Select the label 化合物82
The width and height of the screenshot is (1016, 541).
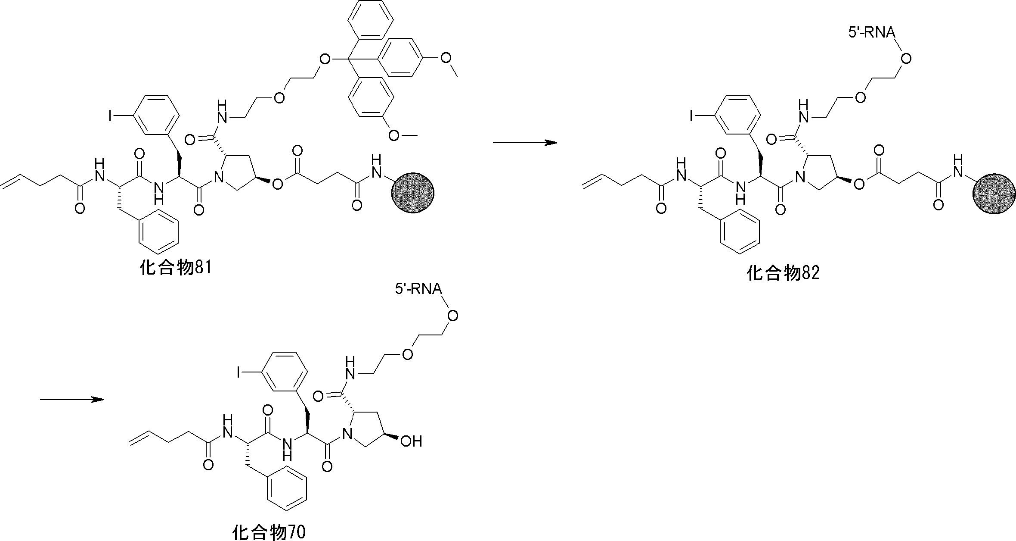click(x=783, y=273)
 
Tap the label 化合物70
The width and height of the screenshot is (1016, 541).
click(x=269, y=532)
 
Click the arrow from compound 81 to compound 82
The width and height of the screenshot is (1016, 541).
click(x=525, y=143)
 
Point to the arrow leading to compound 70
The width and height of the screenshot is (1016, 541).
click(x=72, y=399)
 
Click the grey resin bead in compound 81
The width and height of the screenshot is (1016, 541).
click(x=412, y=193)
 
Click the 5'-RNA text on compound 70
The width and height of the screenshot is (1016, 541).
click(x=418, y=289)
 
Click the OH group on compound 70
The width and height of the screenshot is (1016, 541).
click(x=411, y=441)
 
